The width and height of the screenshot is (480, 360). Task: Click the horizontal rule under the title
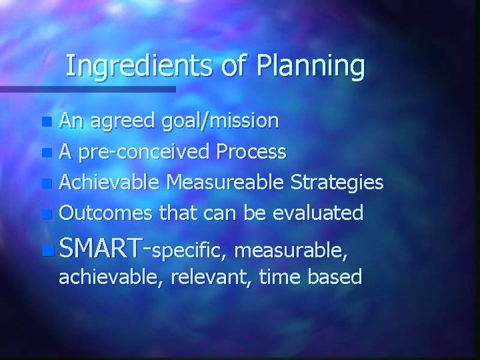(x=87, y=89)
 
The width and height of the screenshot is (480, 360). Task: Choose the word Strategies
(x=340, y=182)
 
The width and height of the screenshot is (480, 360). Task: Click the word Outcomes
(x=107, y=213)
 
